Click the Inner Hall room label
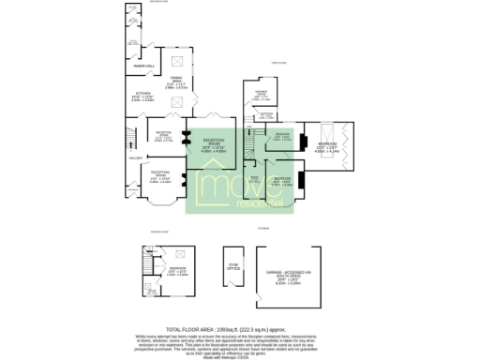(x=142, y=66)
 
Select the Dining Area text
(x=175, y=83)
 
